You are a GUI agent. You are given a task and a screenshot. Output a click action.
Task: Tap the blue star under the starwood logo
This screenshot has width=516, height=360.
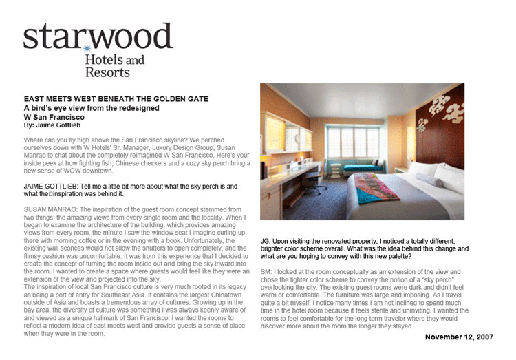(87, 49)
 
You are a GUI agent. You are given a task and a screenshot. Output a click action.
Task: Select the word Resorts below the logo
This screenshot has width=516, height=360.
(107, 71)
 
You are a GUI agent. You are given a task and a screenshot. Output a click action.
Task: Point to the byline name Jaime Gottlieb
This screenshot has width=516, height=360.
(63, 126)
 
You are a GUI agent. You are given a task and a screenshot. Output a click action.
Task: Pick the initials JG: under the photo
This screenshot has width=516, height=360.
(267, 240)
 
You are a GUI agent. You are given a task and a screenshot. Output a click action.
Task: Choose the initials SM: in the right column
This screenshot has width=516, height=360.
(268, 273)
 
